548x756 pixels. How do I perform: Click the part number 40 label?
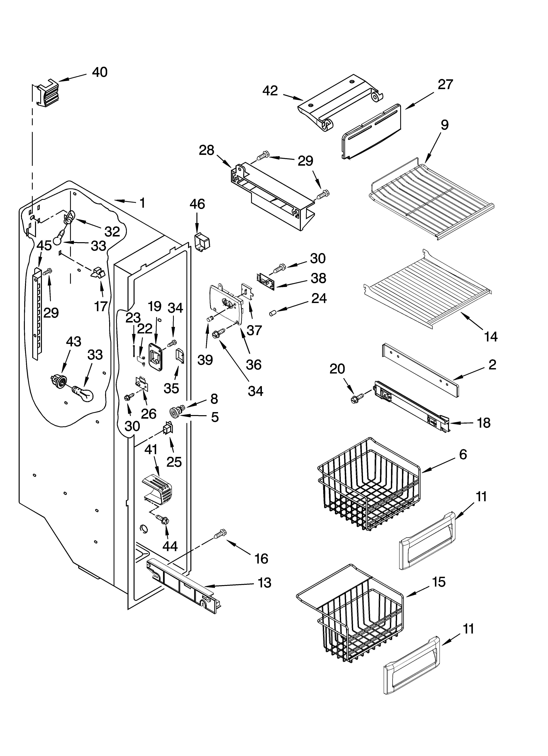100,72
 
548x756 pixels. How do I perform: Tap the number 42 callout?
270,91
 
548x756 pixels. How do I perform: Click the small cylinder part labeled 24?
273,313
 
